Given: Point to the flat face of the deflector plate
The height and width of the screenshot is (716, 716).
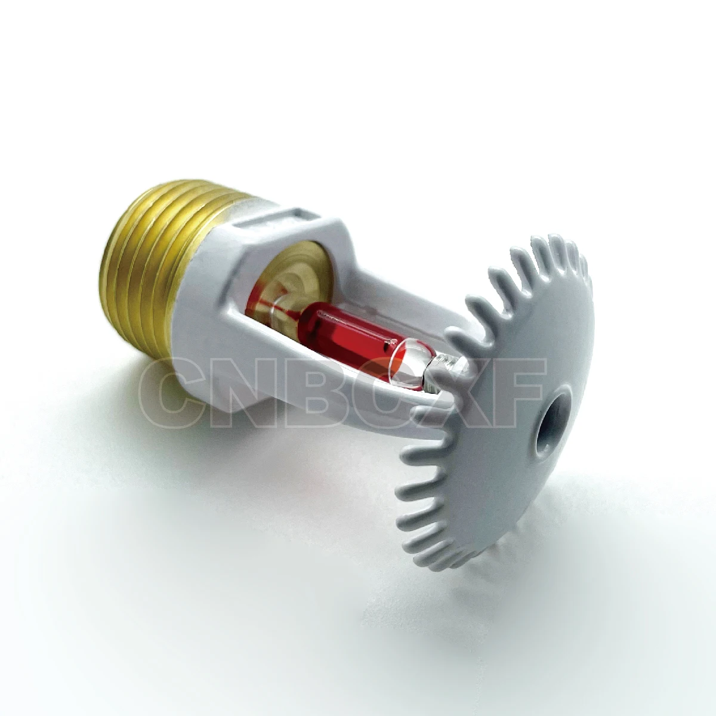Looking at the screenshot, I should coord(525,358).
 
